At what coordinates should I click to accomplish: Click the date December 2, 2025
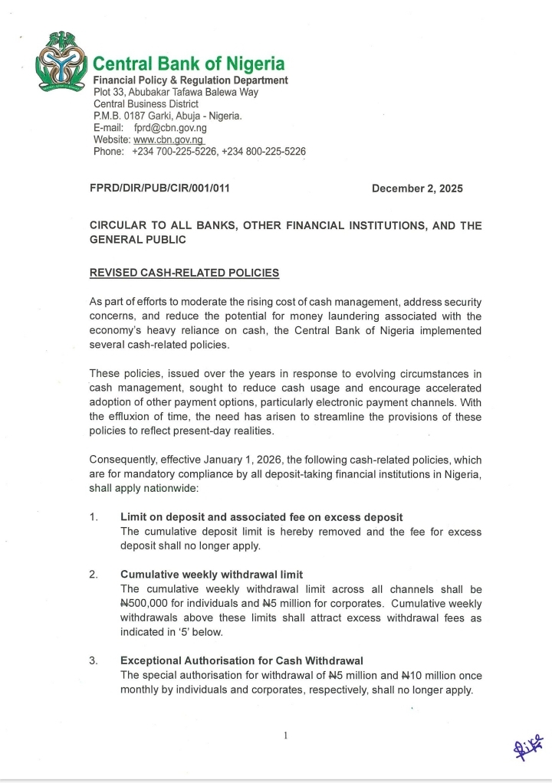pyautogui.click(x=417, y=188)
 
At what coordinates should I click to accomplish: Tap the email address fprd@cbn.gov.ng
pyautogui.click(x=170, y=128)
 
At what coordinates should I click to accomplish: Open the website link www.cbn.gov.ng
pyautogui.click(x=169, y=140)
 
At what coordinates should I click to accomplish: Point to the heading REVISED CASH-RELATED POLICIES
pyautogui.click(x=185, y=273)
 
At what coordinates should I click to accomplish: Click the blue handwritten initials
pyautogui.click(x=529, y=741)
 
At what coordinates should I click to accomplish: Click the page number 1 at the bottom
pyautogui.click(x=285, y=736)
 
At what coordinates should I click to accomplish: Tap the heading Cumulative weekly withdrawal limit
pyautogui.click(x=212, y=575)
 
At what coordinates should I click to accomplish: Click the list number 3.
pyautogui.click(x=94, y=661)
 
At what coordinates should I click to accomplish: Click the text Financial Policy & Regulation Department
pyautogui.click(x=191, y=80)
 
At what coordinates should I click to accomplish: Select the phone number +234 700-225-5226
pyautogui.click(x=174, y=152)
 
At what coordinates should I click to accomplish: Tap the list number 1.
pyautogui.click(x=94, y=517)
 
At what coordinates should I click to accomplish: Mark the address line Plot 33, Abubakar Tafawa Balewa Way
pyautogui.click(x=176, y=92)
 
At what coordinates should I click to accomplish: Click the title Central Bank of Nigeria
pyautogui.click(x=189, y=64)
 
